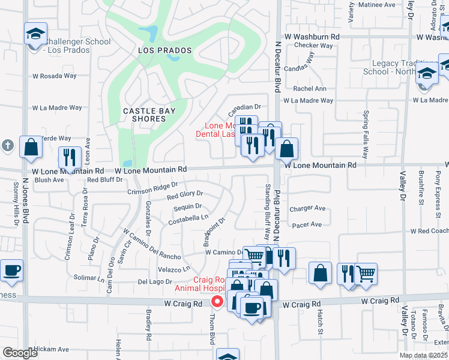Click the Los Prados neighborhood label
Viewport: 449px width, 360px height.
(x=159, y=50)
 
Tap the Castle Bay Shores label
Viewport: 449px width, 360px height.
(x=144, y=115)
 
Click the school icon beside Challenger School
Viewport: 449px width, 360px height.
(x=35, y=34)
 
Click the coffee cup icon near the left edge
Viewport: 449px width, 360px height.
(x=11, y=270)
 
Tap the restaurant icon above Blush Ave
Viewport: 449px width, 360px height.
(x=70, y=158)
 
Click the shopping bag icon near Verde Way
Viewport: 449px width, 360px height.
(x=31, y=146)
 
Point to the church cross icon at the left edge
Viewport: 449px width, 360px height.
(x=7, y=145)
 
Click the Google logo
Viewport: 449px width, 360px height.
(x=20, y=353)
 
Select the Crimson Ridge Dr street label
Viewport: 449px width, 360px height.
(x=152, y=188)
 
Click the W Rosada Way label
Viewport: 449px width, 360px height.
(x=55, y=76)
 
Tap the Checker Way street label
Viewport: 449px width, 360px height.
(x=313, y=46)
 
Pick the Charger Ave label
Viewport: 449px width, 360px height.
(x=307, y=209)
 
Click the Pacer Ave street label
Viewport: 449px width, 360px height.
(x=307, y=225)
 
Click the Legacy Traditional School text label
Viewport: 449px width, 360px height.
(x=393, y=67)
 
